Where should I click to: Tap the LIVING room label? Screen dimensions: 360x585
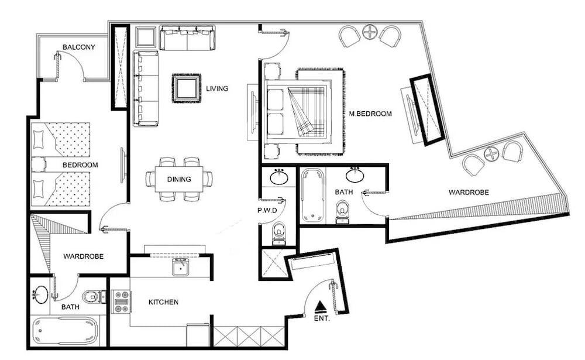(x=216, y=88)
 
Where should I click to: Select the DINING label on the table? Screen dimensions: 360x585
(x=178, y=179)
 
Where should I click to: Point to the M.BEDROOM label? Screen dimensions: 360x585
(x=370, y=114)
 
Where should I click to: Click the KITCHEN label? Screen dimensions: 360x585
(x=163, y=302)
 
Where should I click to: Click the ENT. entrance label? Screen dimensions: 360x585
(x=322, y=319)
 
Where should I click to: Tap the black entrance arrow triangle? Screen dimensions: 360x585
(x=319, y=306)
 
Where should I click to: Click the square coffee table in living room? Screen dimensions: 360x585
(x=186, y=88)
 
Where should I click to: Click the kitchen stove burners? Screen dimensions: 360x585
(x=121, y=301)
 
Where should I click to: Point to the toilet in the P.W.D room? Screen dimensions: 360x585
(x=279, y=232)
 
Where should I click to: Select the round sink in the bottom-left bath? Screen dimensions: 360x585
(x=41, y=294)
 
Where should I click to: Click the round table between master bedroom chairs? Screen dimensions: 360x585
(x=370, y=32)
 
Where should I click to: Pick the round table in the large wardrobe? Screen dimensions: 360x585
(x=492, y=155)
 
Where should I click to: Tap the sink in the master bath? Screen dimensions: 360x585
(x=355, y=174)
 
